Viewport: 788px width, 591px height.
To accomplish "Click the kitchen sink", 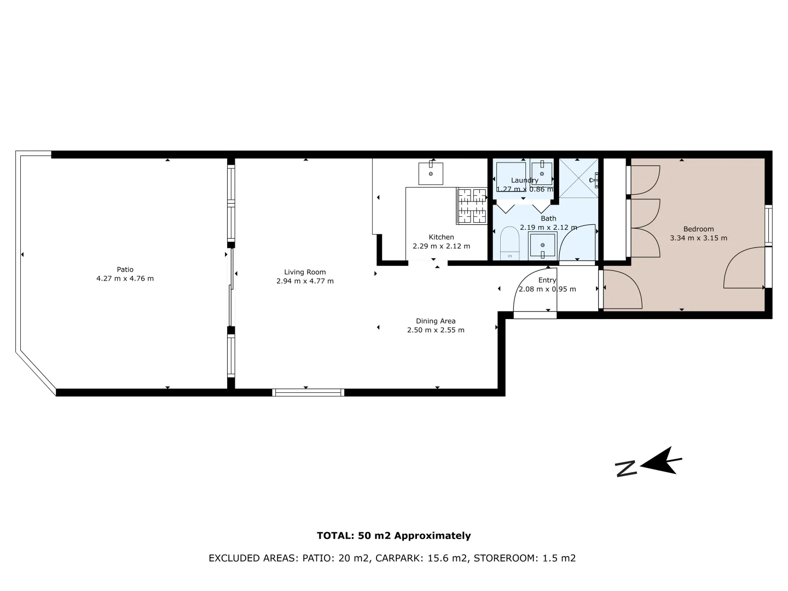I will pos(431,173).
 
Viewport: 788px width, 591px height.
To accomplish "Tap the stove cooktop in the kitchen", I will pos(472,206).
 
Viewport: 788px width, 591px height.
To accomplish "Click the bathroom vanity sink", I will pos(542,245).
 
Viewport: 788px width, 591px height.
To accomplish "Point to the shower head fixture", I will pos(594,179).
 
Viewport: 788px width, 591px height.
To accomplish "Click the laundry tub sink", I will pos(542,173).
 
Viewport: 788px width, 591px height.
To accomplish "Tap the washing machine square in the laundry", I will pos(511,176).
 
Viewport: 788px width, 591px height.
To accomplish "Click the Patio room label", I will pos(125,269).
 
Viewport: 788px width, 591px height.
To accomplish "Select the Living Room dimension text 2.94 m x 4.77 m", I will pos(305,281).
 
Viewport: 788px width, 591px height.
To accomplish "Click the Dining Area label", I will pos(436,321).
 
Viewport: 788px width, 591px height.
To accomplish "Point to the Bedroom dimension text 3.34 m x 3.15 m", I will pos(698,238).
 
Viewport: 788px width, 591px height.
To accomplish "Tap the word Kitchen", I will pos(441,237).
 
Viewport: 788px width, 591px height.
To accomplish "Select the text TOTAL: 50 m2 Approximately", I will pos(393,536).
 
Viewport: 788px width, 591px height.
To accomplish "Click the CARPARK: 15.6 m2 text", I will pos(421,558).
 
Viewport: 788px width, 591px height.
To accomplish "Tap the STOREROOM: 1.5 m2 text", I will pos(524,558).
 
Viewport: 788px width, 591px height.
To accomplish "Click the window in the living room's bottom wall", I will pos(308,392).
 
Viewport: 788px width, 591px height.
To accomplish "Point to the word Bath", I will pos(548,218).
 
